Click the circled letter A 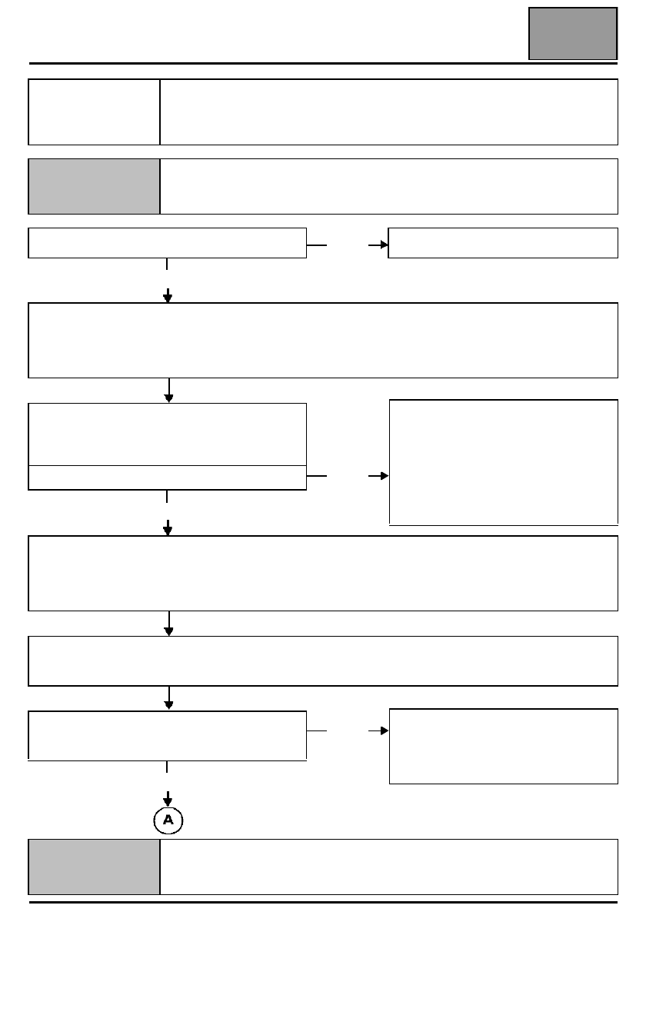(x=168, y=820)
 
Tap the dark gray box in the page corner (x=573, y=33)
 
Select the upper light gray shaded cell (x=95, y=186)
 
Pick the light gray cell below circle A (x=95, y=867)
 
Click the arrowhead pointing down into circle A (x=168, y=801)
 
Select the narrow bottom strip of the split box (x=168, y=478)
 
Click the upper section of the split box (x=168, y=434)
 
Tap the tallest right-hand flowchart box (x=504, y=463)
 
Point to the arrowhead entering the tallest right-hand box (x=385, y=476)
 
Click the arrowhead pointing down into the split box (x=168, y=398)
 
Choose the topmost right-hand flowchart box (x=503, y=243)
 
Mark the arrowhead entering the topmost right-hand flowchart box (x=385, y=245)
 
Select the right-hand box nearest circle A (x=504, y=747)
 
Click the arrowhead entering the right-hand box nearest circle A (x=385, y=730)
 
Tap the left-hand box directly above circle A (x=168, y=736)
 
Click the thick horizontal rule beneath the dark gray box (x=323, y=63)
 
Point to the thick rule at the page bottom (x=323, y=902)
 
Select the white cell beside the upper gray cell (x=389, y=186)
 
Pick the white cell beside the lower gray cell (x=389, y=867)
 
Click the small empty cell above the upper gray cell (x=95, y=112)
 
